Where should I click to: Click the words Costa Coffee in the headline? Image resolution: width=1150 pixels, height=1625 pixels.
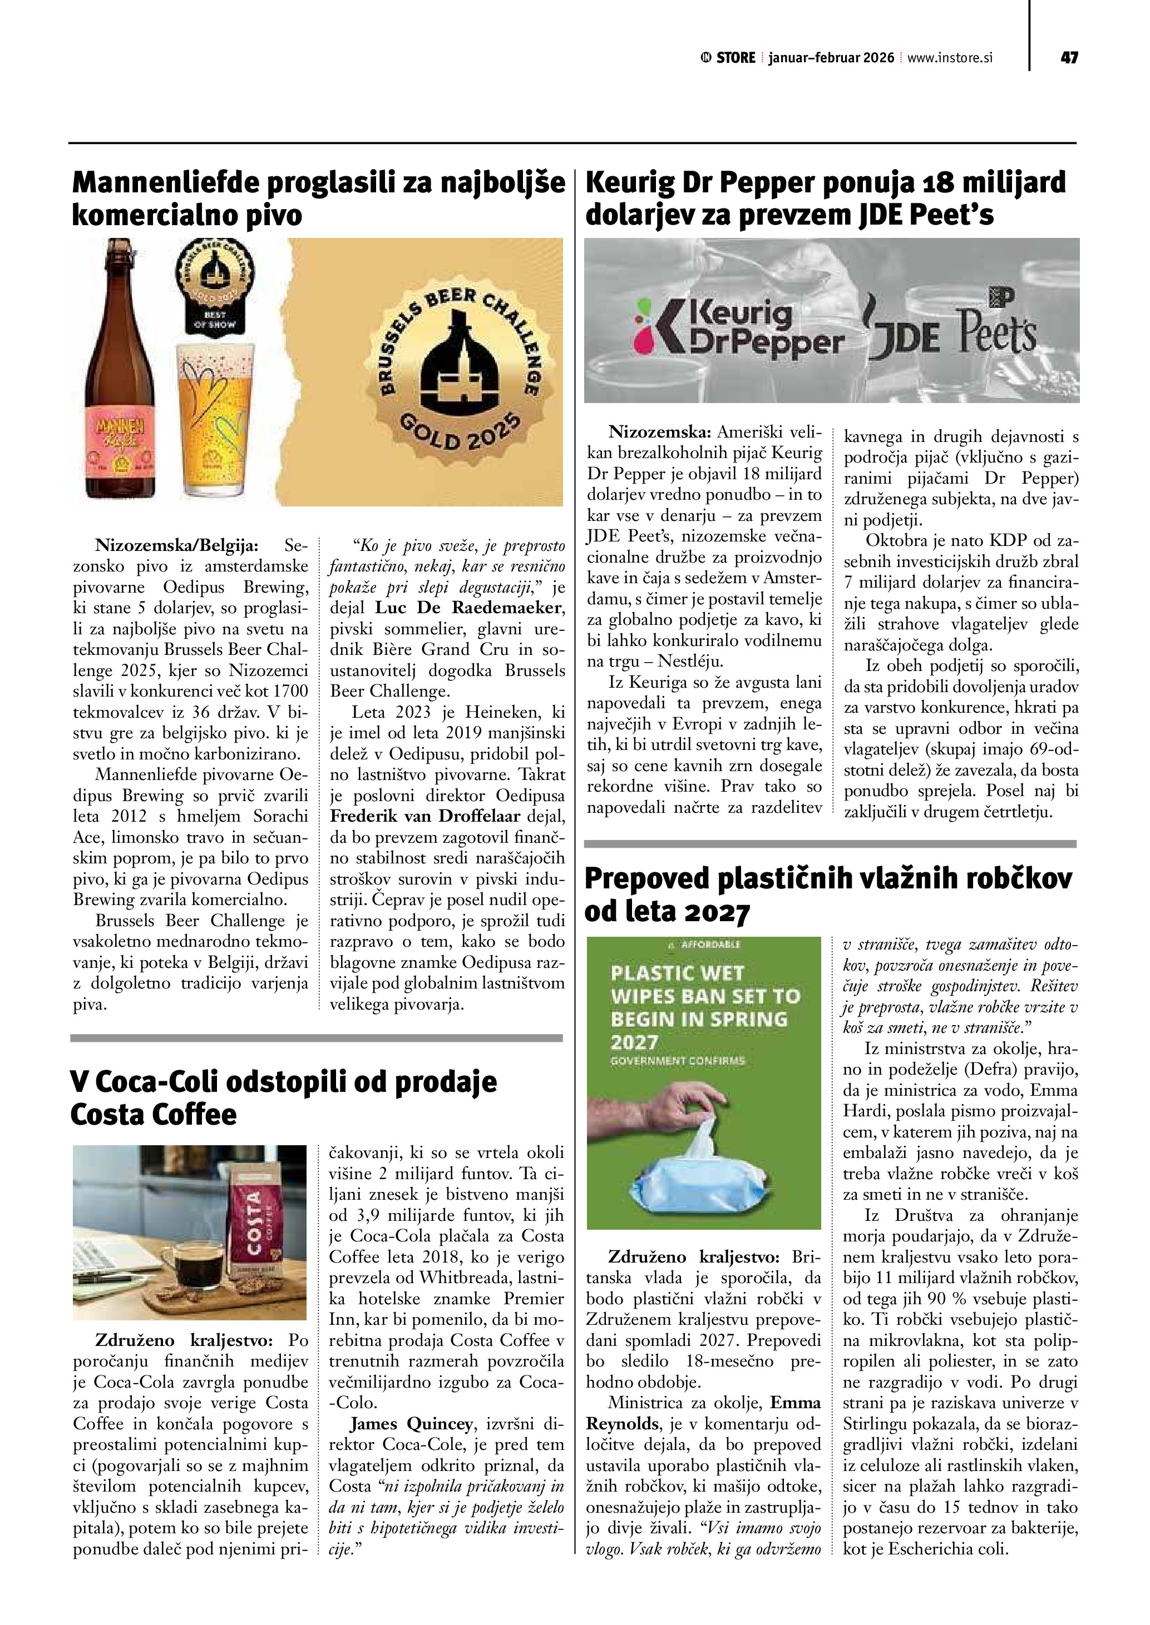[x=154, y=1115]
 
